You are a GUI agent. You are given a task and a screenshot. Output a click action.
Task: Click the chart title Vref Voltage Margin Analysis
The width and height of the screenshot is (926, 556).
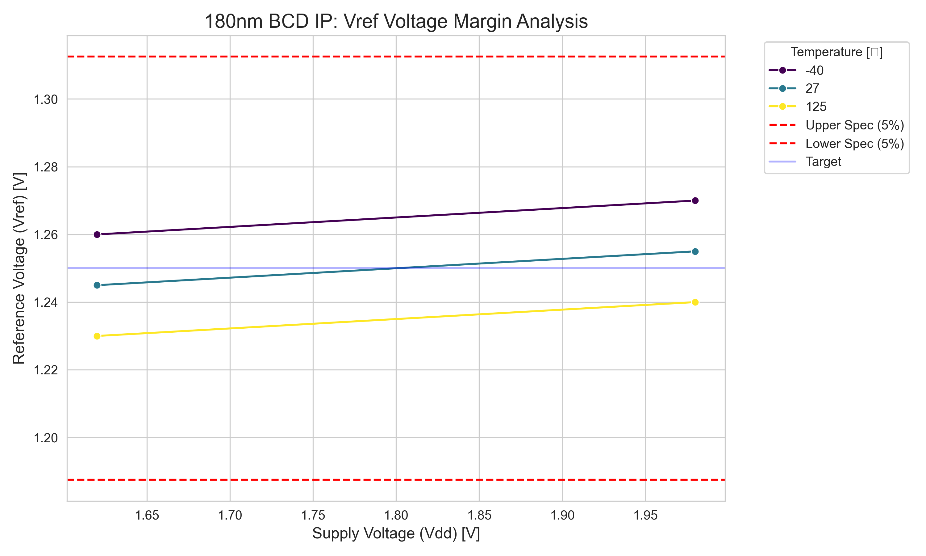pos(396,21)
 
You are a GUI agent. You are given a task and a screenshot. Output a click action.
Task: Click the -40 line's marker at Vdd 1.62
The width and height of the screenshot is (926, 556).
pos(97,234)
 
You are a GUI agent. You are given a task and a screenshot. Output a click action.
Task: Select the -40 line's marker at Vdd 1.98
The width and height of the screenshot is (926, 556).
pos(695,200)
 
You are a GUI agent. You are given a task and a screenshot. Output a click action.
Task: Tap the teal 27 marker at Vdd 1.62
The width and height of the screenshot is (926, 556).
pos(97,285)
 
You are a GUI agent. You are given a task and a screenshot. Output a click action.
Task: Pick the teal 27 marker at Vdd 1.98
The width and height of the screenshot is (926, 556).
pos(695,251)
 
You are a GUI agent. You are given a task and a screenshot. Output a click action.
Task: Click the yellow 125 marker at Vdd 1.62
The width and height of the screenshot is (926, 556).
pos(97,336)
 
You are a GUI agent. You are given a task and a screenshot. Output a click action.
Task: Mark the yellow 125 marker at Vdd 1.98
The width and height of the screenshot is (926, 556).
pos(695,302)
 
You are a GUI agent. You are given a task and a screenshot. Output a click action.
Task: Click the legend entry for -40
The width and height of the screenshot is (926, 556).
pos(815,70)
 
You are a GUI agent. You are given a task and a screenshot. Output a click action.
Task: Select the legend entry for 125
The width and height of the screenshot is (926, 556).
pos(816,107)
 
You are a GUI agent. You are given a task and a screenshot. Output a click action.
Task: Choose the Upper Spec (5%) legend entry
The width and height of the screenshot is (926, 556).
pos(854,125)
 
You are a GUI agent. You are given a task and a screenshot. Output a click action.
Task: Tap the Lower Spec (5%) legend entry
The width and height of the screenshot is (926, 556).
pos(854,144)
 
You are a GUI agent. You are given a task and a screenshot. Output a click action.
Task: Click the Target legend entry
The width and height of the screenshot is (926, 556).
pos(823,162)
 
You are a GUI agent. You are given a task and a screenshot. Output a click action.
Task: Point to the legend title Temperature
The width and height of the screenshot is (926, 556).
pos(836,52)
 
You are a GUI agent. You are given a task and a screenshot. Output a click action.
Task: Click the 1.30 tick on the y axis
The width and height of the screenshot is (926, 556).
pos(46,100)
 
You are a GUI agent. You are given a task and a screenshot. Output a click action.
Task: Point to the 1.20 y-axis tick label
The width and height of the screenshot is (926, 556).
pos(46,438)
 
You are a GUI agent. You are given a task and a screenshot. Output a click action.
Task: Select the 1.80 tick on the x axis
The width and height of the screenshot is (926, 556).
pos(396,516)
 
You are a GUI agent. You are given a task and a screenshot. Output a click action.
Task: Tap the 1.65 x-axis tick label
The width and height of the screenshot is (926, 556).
pos(147,516)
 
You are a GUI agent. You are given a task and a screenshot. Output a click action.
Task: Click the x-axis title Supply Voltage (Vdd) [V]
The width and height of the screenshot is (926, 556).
pos(396,533)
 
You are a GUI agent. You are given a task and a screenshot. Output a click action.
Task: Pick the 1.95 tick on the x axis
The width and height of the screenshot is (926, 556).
pos(645,516)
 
